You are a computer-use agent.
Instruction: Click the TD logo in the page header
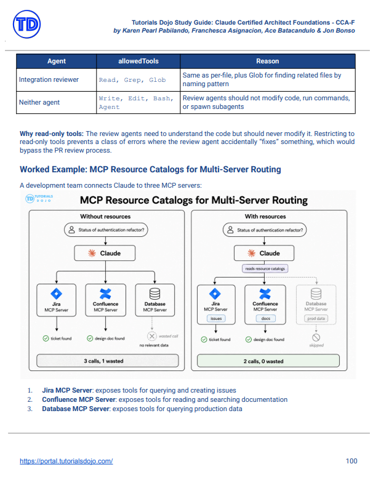[26, 24]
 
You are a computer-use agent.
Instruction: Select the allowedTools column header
[138, 61]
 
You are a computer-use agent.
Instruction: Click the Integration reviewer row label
[49, 79]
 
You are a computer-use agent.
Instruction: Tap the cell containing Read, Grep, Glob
[138, 80]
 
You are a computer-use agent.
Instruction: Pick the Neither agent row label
[39, 102]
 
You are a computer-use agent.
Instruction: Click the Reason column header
[268, 61]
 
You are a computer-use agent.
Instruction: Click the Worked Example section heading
[150, 169]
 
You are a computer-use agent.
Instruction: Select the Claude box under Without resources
[105, 253]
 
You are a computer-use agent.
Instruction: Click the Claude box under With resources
[264, 253]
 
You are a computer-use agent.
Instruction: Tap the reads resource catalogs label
[265, 268]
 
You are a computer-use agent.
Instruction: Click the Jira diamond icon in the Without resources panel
[57, 294]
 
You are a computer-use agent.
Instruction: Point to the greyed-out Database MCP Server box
[316, 305]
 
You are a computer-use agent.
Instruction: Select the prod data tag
[316, 318]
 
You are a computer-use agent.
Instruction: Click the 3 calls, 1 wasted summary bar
[108, 361]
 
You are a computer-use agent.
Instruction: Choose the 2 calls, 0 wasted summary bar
[268, 361]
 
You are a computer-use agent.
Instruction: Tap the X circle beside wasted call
[152, 336]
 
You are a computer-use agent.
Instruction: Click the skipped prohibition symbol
[316, 337]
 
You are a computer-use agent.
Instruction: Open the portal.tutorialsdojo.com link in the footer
[66, 461]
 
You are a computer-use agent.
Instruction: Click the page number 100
[351, 461]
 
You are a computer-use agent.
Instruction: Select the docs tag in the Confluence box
[265, 318]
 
